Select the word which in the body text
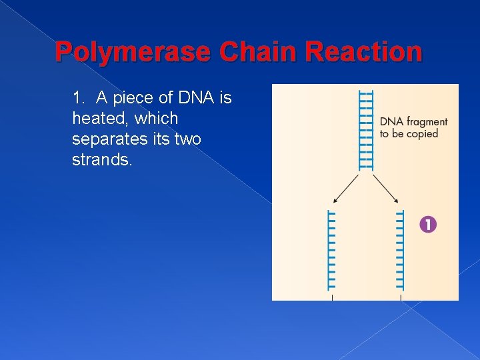(x=155, y=119)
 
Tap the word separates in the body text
(x=105, y=140)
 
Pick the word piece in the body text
(x=132, y=99)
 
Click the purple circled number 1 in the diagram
(x=428, y=225)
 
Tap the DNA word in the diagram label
(x=391, y=122)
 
